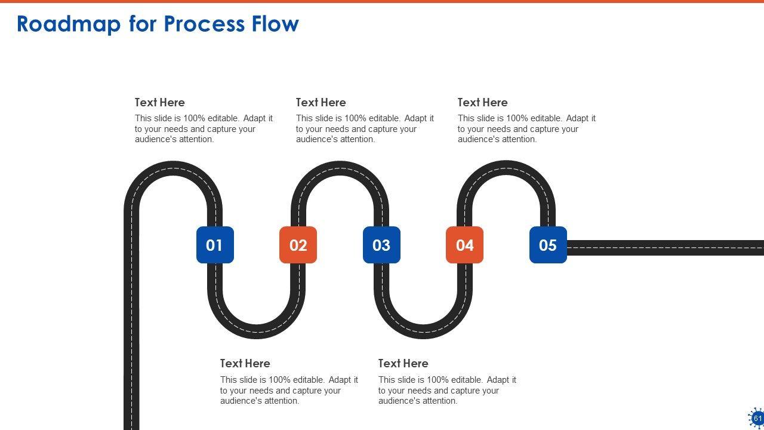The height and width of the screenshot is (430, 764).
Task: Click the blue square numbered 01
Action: [x=215, y=245]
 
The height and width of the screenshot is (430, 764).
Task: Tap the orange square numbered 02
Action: [x=298, y=245]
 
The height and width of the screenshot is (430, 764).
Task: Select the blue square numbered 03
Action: [x=381, y=245]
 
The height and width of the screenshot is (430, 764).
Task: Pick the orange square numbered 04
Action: [x=464, y=245]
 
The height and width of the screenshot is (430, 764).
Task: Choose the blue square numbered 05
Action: [x=548, y=245]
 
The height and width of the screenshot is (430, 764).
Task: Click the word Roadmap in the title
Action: [x=69, y=24]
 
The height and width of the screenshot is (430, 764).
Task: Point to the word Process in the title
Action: [x=204, y=24]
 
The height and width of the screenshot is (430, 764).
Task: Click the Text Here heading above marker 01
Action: [x=159, y=102]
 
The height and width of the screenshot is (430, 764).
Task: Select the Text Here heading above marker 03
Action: [x=321, y=102]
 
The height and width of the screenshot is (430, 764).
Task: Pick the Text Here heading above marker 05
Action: [x=483, y=102]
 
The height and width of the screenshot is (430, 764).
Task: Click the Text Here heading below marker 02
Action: [x=245, y=364]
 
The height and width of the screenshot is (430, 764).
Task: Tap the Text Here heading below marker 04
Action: [x=403, y=364]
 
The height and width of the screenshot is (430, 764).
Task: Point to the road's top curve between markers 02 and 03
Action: [x=340, y=168]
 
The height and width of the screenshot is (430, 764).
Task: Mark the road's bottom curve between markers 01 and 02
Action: [x=257, y=331]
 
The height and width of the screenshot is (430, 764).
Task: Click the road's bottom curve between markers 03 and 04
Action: [x=423, y=331]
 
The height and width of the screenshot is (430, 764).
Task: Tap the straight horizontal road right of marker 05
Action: [x=665, y=248]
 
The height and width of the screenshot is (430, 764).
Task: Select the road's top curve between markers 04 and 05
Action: [x=506, y=168]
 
